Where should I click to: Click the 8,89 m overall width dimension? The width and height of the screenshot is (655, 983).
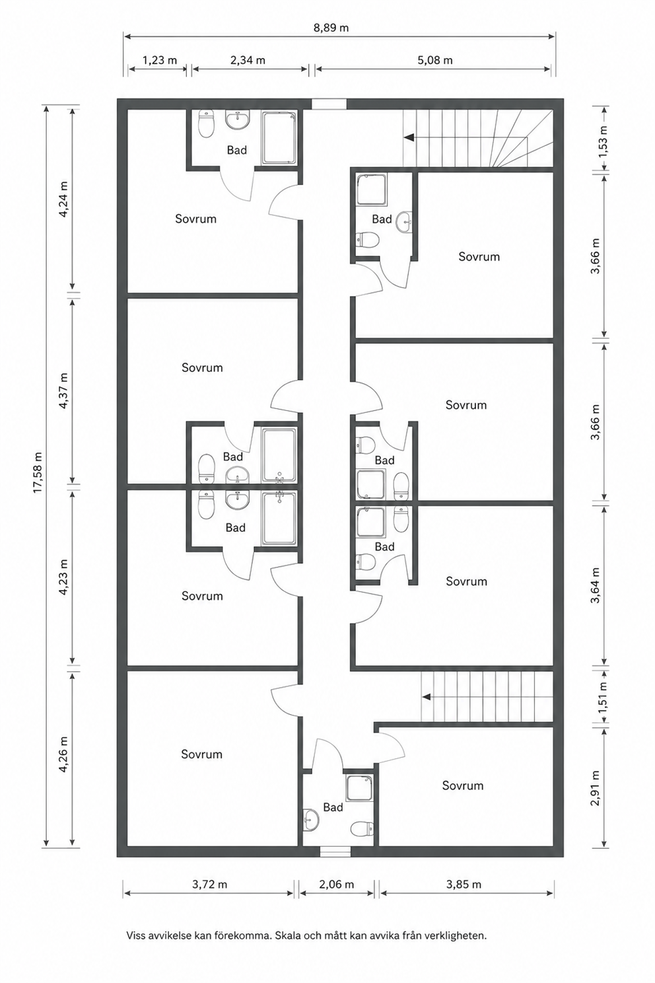click(x=331, y=28)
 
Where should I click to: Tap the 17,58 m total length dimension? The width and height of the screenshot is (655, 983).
click(x=38, y=472)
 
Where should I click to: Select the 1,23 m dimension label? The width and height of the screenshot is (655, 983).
click(x=160, y=60)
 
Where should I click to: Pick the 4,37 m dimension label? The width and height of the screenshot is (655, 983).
click(x=63, y=390)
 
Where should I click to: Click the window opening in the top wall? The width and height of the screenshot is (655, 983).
click(x=329, y=104)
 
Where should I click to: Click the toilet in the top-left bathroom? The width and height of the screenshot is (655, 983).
click(x=206, y=124)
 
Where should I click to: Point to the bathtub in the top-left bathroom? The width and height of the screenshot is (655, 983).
click(x=279, y=138)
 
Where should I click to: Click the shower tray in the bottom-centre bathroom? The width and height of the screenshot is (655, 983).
click(x=359, y=788)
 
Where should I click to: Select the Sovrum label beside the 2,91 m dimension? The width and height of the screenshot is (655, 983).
click(x=462, y=785)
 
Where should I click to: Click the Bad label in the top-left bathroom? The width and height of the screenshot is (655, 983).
click(x=236, y=150)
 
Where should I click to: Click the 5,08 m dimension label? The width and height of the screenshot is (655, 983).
click(x=434, y=60)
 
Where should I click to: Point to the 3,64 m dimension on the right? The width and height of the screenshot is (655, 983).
click(x=595, y=585)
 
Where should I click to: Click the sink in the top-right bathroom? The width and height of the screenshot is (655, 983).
click(x=404, y=222)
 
